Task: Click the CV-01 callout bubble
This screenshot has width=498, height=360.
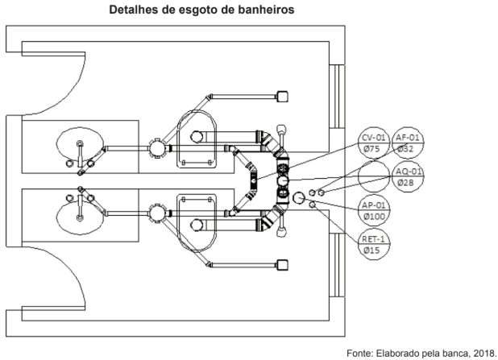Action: pos(374,143)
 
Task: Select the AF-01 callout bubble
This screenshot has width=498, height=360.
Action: pos(408,143)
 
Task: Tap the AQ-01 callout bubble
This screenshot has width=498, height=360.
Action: pos(408,177)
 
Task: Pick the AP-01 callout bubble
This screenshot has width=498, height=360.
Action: pos(374,210)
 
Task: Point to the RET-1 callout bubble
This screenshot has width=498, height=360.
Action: pos(374,245)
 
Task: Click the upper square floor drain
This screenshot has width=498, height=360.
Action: pos(282,97)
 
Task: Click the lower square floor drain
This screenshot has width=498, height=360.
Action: pos(282,265)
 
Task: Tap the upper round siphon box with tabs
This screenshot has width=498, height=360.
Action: pos(157,147)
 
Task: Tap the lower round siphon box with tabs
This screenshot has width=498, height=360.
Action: pos(157,213)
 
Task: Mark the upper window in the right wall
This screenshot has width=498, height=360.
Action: pos(337,97)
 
